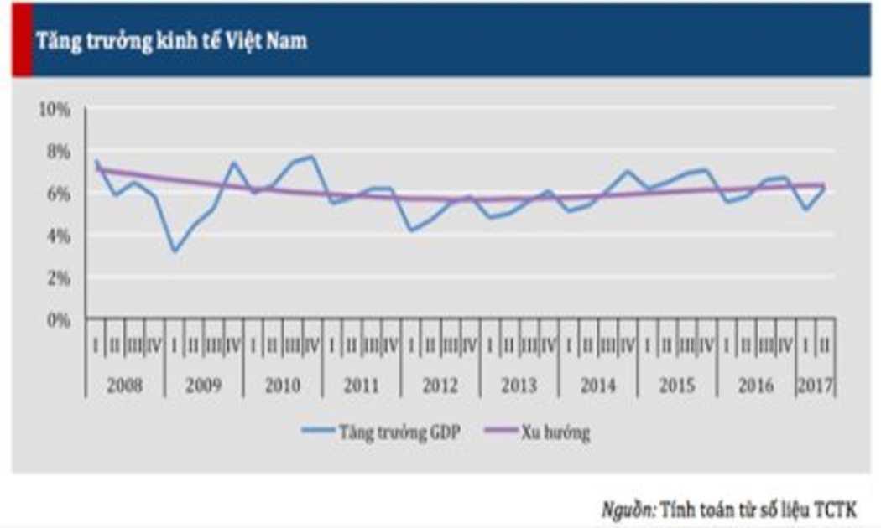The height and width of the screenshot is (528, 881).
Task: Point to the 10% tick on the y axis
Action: point(55,109)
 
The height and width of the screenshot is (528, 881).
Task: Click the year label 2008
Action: point(125,386)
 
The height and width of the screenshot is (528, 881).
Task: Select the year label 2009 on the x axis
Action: point(204,386)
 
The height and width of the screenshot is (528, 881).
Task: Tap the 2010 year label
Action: point(283,386)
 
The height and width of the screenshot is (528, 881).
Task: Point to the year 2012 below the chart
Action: point(440,386)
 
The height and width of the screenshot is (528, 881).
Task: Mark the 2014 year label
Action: point(597,386)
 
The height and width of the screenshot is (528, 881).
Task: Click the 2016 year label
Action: point(755,386)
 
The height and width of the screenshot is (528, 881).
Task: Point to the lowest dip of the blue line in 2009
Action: point(175,251)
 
